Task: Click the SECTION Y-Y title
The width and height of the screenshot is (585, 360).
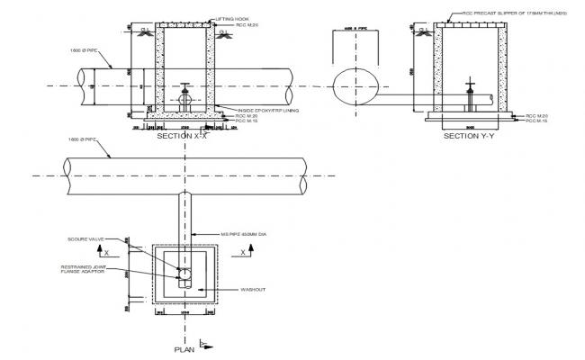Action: tap(469, 136)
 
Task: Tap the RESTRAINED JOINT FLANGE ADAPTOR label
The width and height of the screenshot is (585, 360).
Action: tap(86, 270)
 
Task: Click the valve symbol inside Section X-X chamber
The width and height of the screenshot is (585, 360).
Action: tap(184, 97)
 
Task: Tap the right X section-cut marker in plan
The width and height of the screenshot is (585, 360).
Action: tap(244, 254)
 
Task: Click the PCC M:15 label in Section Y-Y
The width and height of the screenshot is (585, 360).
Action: tap(536, 121)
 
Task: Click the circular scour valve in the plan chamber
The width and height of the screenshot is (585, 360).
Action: tap(184, 269)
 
